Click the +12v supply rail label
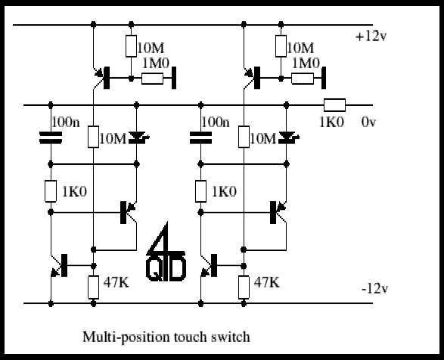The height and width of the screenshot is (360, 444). [x=371, y=36]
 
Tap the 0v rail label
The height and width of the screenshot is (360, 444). [x=368, y=122]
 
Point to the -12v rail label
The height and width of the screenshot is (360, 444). [x=374, y=289]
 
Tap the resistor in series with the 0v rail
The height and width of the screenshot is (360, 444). [x=334, y=105]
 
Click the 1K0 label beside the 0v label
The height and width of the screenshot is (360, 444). [x=331, y=122]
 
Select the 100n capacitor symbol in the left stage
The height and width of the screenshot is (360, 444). [x=51, y=138]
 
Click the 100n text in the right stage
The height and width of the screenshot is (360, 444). [x=216, y=122]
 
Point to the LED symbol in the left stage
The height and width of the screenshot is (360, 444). [x=138, y=138]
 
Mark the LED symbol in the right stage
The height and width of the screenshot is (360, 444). [x=288, y=138]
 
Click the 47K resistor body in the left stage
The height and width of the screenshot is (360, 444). [x=94, y=287]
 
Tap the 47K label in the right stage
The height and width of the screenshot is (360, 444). [x=266, y=282]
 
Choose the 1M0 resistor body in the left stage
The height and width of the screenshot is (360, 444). [x=152, y=79]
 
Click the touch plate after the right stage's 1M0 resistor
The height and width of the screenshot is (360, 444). [x=324, y=78]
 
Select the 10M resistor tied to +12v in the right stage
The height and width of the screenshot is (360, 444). [x=281, y=46]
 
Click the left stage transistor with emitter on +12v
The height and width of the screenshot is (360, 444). [x=103, y=78]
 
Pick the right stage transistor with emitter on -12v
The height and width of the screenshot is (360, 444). [x=210, y=265]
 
